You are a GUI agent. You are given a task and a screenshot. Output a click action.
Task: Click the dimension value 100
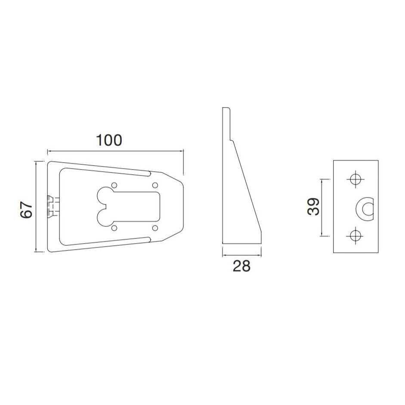coord(109,140)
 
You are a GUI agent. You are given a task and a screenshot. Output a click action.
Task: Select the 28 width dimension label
coord(241,266)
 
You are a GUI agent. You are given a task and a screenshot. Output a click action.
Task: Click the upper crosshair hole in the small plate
coord(355,179)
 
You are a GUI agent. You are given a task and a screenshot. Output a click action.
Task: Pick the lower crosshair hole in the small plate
coord(355,235)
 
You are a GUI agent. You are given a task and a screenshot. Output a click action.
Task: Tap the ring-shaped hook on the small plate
coord(365,208)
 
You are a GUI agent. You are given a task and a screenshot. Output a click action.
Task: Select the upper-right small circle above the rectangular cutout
coord(155,185)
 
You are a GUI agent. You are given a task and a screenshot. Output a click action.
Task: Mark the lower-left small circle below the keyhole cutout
coord(114,227)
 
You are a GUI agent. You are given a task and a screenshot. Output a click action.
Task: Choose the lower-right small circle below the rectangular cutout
coord(155,227)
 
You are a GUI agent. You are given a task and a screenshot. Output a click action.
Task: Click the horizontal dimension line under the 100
coord(115,151)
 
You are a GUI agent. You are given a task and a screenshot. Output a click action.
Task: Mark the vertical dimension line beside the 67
coord(37,207)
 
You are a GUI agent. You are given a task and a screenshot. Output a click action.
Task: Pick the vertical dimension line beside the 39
coord(322,207)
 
